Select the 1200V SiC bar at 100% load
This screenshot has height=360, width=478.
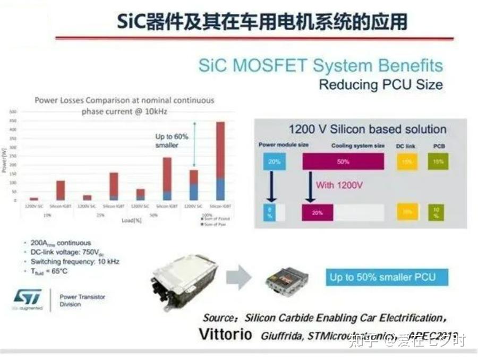[194, 184]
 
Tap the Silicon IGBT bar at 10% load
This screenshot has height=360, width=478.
[61, 190]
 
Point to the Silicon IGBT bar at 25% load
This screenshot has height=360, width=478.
[114, 185]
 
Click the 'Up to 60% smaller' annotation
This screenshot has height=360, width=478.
[171, 141]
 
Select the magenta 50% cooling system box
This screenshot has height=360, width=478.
[343, 161]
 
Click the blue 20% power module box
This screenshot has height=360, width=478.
[274, 161]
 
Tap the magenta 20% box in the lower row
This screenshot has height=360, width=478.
[318, 213]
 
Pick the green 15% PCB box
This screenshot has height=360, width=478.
[438, 161]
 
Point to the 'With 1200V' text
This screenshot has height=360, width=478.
[340, 185]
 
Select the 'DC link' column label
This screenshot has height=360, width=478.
[406, 145]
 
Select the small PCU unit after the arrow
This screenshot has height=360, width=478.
[287, 280]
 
